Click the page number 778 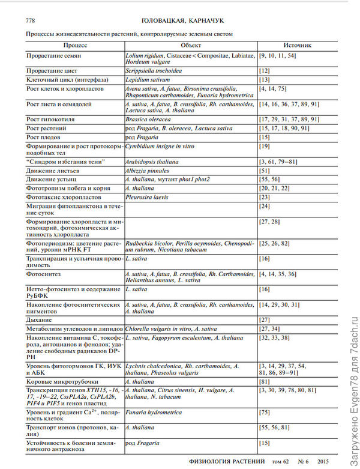pos(30,20)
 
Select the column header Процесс pos(75,45)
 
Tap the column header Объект pos(190,45)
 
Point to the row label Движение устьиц pos(53,180)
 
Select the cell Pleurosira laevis pos(148,197)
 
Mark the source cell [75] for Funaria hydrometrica pos(265,413)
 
